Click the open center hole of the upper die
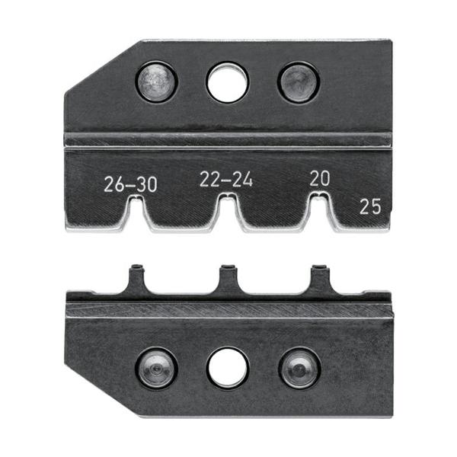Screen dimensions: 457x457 pos(228,81)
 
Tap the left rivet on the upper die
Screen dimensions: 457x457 pos(157,82)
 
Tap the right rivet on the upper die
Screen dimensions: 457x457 pos(298,81)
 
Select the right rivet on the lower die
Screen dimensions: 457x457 pos(299,369)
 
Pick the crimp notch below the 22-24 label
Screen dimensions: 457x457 pos(228,206)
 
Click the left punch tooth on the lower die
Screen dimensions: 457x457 pos(137,277)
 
